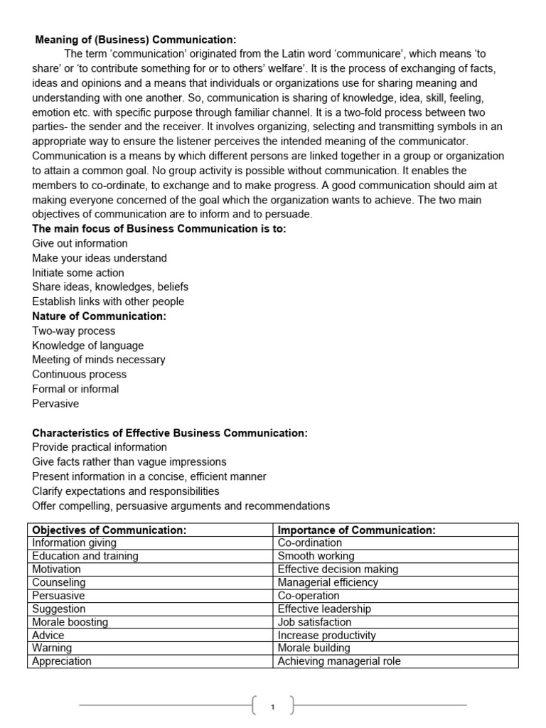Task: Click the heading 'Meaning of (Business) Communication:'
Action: point(136,40)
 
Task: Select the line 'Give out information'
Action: point(80,243)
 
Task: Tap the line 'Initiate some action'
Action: point(78,272)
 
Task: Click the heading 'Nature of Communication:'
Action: point(99,316)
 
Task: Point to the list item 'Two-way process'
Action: point(74,331)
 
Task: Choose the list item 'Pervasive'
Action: point(55,404)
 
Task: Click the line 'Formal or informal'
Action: point(75,389)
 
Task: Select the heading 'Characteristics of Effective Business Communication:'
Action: point(170,433)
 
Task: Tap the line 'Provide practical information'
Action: point(100,447)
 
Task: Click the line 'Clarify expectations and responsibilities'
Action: point(126,491)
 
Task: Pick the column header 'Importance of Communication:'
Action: point(356,530)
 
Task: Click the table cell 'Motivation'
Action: point(57,569)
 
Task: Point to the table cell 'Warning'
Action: point(52,648)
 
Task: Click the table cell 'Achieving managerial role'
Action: point(339,661)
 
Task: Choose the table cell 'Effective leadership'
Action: point(324,609)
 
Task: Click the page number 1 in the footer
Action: point(273,706)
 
